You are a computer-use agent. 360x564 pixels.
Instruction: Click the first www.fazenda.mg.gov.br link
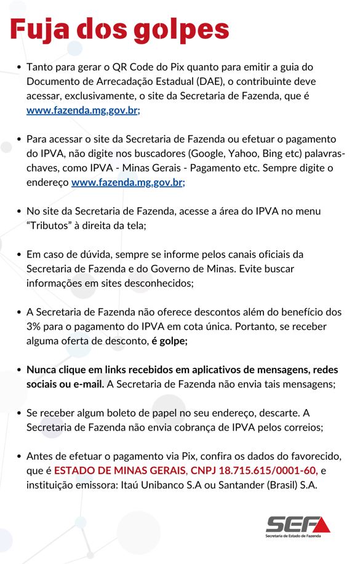83,111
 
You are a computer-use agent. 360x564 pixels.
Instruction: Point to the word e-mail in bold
89,384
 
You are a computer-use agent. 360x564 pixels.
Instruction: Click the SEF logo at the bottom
298,526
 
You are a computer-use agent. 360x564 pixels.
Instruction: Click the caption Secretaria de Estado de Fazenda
298,537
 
